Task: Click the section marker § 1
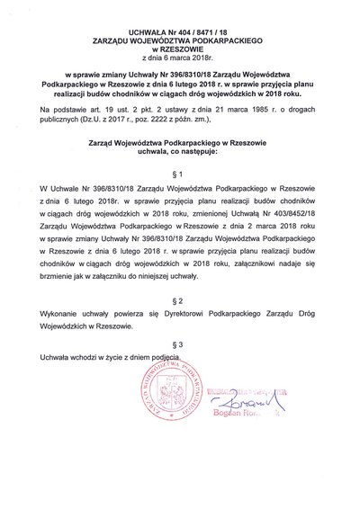tap(180, 147)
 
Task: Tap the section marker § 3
tap(180, 320)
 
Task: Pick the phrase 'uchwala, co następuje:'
tap(180, 129)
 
